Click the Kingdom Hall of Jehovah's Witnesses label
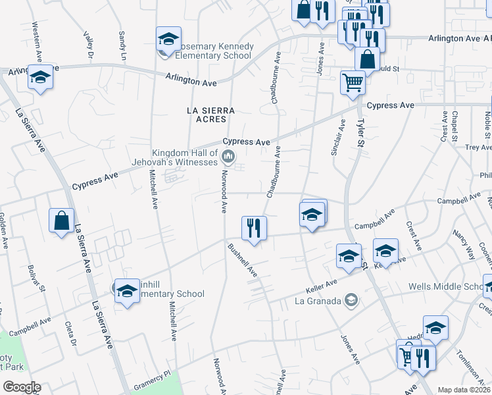pos(185,157)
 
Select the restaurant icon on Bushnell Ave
pos(254,228)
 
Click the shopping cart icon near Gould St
pos(353,82)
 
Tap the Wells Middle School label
pos(446,287)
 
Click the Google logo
pos(21,387)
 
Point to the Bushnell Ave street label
pos(242,260)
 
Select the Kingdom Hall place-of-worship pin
pos(229,157)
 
